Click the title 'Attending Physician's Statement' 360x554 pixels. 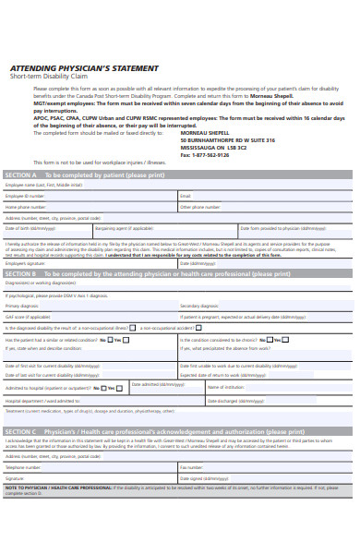point(83,68)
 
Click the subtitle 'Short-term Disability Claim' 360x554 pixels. point(53,77)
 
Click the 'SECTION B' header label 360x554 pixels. point(21,274)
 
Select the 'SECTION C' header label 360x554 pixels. point(21,431)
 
